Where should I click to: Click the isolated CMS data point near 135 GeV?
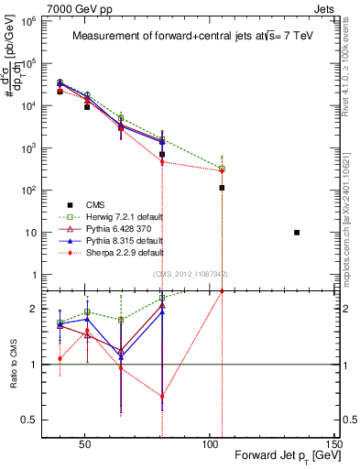click(x=297, y=233)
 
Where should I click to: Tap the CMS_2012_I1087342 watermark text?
click(x=189, y=274)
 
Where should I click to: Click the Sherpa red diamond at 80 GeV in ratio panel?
click(x=162, y=397)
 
